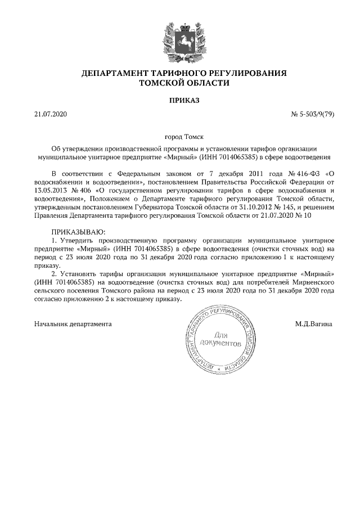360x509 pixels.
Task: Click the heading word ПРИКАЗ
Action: point(184,100)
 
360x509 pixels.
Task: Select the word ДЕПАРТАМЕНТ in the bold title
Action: point(113,74)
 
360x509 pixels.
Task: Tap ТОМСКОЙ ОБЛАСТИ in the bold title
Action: point(184,83)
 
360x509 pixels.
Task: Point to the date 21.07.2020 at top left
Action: point(50,115)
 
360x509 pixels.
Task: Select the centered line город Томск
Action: point(184,137)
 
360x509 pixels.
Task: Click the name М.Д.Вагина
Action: point(313,324)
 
